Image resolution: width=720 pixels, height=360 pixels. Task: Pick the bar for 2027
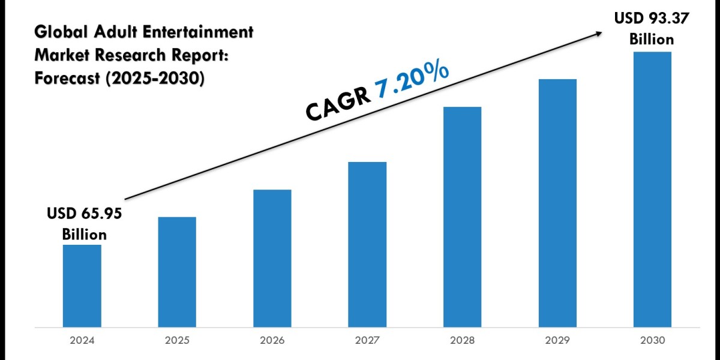coord(367,244)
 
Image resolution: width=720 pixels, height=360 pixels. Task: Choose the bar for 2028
coord(462,217)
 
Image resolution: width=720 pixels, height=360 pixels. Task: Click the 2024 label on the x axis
coord(82,340)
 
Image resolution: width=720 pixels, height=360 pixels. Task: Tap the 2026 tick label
coord(272,340)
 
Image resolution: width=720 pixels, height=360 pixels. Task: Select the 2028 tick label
coord(463,340)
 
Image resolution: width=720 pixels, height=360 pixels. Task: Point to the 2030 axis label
coord(653,340)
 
